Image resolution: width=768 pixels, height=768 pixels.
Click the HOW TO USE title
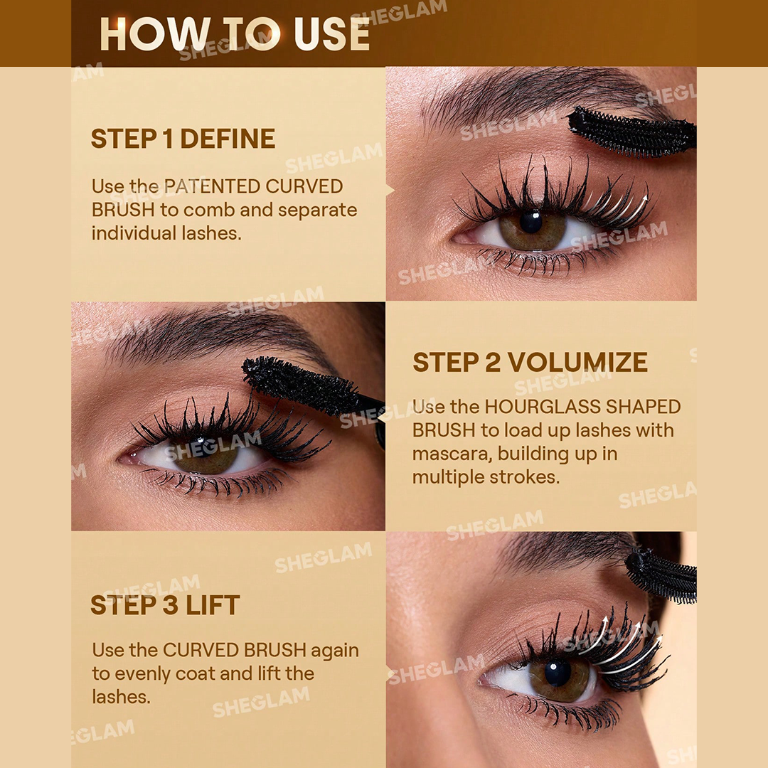(235, 33)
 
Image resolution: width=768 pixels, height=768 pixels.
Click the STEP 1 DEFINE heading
(183, 139)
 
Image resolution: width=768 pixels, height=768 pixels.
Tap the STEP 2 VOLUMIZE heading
(530, 362)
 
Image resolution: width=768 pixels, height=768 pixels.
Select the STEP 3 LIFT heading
(165, 605)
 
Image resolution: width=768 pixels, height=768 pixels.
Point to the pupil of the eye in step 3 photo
(558, 673)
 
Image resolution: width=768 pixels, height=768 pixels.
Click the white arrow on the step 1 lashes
(626, 208)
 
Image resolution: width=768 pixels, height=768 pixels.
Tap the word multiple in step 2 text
(449, 477)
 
